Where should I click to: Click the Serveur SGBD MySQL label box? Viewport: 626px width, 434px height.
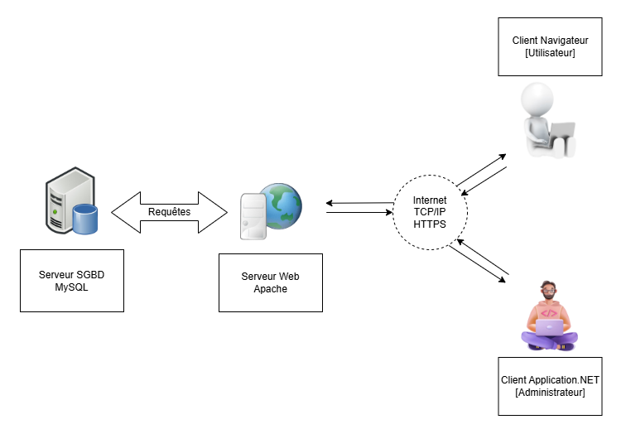71,281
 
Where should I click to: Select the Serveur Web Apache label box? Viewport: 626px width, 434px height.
270,282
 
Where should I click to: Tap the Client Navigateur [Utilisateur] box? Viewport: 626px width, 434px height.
550,46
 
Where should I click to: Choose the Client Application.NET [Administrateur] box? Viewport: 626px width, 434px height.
550,386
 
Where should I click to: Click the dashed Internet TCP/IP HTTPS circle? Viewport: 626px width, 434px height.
429,212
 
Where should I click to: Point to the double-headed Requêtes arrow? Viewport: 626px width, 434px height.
169,211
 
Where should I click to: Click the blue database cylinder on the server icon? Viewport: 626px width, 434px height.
84,219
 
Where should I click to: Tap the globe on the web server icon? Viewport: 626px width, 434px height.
282,205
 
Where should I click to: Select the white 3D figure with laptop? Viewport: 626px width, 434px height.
545,120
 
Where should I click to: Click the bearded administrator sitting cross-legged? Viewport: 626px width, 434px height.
547,316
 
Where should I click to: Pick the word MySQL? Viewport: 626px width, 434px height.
71,287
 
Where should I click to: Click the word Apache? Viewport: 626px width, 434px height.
270,289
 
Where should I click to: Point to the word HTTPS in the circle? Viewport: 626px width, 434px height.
429,224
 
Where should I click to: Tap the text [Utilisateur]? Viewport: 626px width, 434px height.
550,52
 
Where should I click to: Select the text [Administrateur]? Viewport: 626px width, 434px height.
550,392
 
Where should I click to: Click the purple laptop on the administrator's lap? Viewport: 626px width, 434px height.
547,327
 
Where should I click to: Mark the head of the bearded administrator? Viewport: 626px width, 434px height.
547,292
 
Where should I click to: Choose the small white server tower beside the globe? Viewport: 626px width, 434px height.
253,216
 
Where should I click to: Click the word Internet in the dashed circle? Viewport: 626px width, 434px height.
429,200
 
